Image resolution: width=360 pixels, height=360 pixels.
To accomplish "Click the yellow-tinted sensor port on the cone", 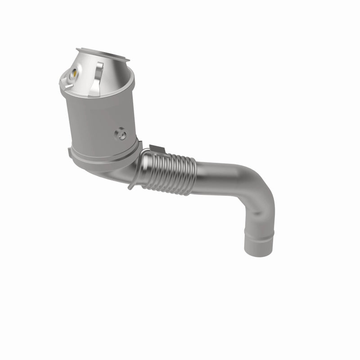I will tap(75, 72).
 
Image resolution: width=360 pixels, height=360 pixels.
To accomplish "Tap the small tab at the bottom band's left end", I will tap(68, 152).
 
